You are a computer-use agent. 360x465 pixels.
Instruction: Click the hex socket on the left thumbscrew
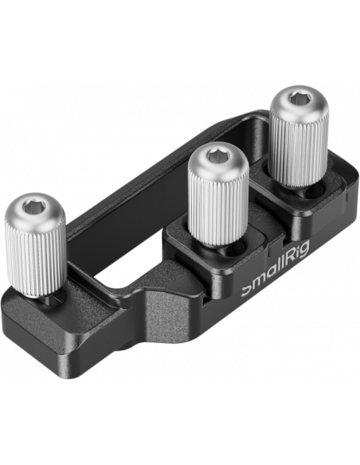[33, 205]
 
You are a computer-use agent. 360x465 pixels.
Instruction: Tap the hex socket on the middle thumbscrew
[216, 155]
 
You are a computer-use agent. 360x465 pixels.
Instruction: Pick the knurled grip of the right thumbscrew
[299, 150]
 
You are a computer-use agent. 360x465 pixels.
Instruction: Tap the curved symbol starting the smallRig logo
[246, 291]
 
